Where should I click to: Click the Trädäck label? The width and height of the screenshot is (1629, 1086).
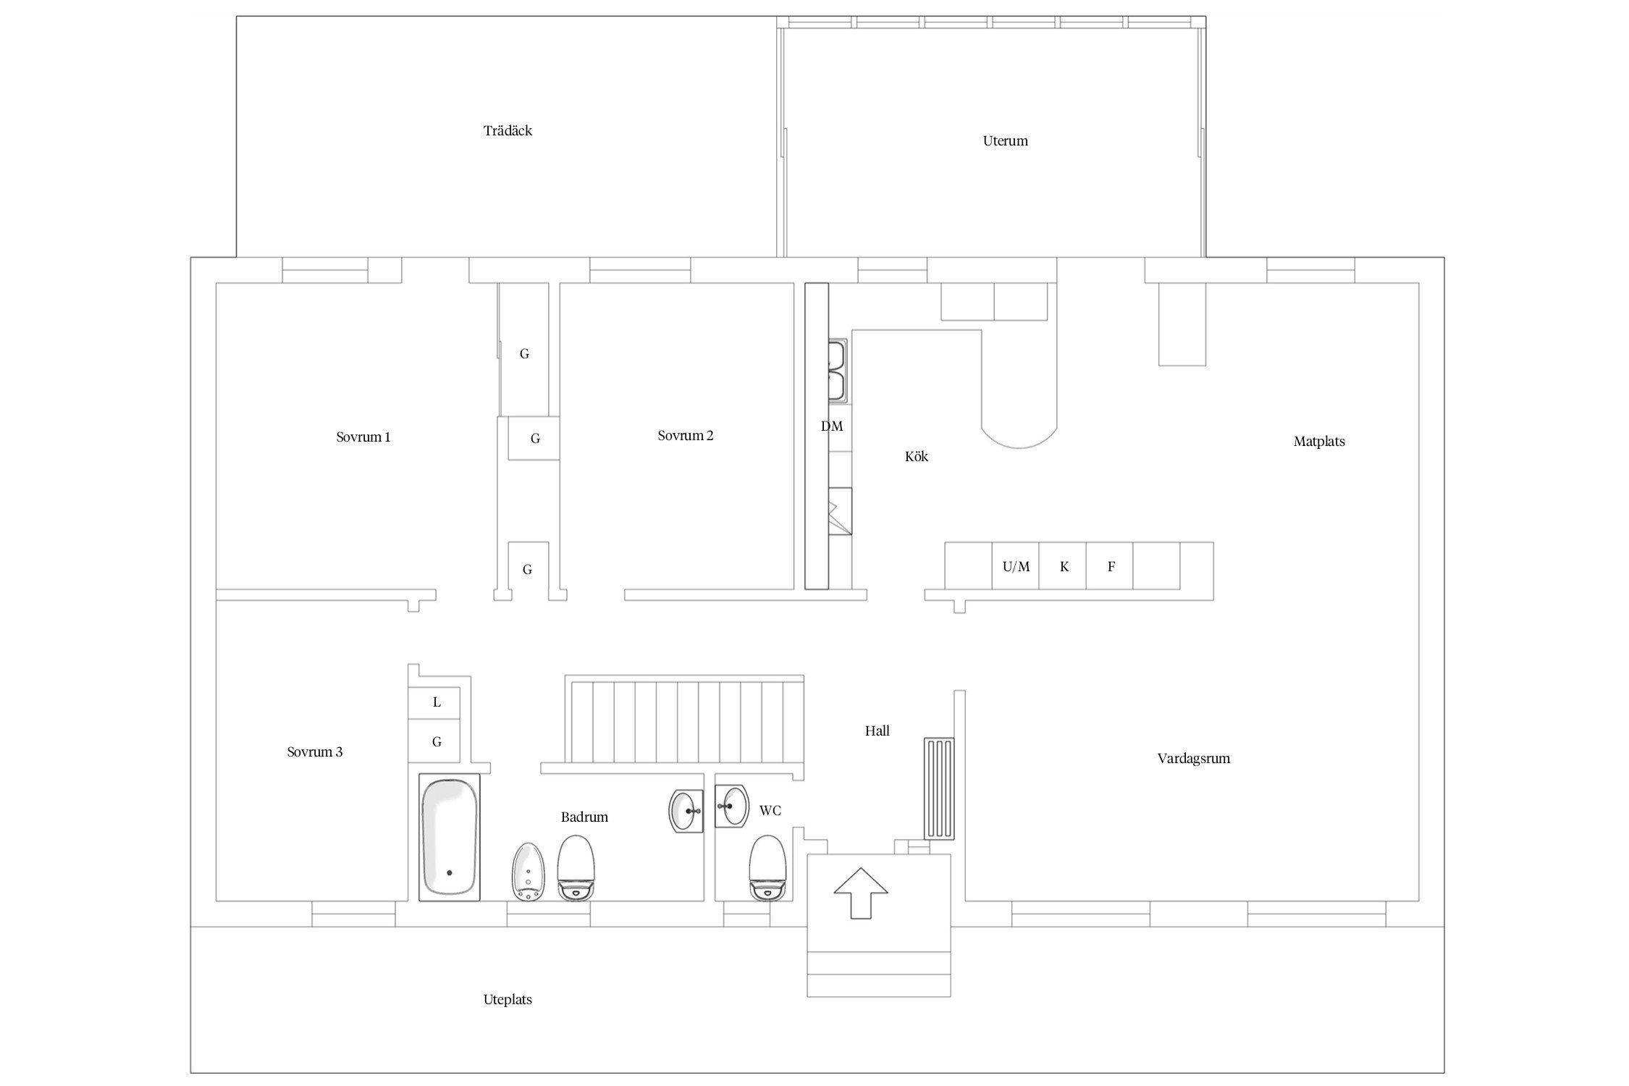click(508, 131)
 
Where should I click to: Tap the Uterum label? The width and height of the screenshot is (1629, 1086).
click(1005, 141)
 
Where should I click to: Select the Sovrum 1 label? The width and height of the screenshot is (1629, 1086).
click(363, 437)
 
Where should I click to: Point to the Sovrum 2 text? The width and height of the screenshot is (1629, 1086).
click(686, 436)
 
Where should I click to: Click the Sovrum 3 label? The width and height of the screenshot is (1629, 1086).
click(315, 752)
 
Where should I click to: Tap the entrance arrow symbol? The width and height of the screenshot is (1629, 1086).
click(860, 893)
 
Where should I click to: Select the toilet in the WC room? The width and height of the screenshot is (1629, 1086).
click(768, 869)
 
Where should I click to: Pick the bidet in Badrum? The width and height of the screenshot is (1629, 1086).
click(528, 872)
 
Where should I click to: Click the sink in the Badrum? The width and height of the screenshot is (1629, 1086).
click(685, 812)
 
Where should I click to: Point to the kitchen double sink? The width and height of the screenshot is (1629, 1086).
click(838, 371)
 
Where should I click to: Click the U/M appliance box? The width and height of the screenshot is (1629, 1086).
click(1016, 566)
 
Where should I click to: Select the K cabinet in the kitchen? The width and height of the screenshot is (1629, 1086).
click(1064, 566)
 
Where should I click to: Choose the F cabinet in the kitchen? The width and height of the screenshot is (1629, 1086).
click(1111, 566)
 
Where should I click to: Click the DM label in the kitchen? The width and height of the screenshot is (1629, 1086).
click(832, 426)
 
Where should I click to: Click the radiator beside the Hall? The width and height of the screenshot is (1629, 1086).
click(939, 788)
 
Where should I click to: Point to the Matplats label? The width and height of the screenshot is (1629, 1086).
click(1319, 442)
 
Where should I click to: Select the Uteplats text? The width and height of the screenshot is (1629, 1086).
click(508, 1000)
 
